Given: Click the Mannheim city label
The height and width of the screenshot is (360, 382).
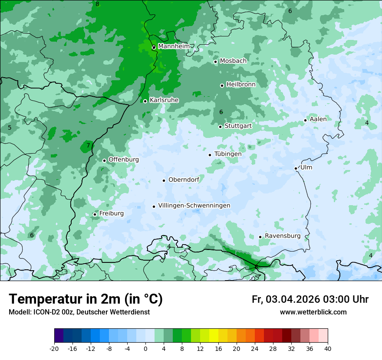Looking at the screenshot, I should click(x=174, y=46).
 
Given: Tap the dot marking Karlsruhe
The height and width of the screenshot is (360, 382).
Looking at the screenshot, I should click(x=145, y=101).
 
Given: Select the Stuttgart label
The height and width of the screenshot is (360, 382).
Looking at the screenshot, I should click(x=238, y=126).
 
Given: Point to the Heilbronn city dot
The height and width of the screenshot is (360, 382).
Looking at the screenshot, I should click(x=222, y=85).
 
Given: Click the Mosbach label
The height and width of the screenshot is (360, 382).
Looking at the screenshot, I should click(x=233, y=61).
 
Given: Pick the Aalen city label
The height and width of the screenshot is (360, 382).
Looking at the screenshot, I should click(x=318, y=119).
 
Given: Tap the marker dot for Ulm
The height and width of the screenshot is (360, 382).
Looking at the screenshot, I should click(x=296, y=168).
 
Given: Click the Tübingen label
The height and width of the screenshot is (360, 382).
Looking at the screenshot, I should click(x=227, y=154).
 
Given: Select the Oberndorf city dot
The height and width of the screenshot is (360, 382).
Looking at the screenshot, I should click(x=164, y=180).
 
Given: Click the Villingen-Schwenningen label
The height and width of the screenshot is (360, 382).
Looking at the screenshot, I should click(x=194, y=206).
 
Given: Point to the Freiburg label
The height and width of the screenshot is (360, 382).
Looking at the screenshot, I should click(x=111, y=213).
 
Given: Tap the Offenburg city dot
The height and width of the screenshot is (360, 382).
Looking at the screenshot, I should click(x=104, y=160).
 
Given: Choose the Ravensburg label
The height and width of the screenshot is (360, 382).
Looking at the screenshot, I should click(x=283, y=236).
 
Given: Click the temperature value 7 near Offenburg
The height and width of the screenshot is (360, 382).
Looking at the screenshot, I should click(x=88, y=146).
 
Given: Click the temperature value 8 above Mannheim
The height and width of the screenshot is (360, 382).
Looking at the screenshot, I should click(x=97, y=4).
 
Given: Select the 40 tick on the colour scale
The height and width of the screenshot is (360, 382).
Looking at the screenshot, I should click(x=328, y=348).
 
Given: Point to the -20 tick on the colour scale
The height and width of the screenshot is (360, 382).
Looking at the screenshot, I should click(x=54, y=348).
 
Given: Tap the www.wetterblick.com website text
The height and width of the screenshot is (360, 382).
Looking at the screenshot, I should click(x=313, y=312).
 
